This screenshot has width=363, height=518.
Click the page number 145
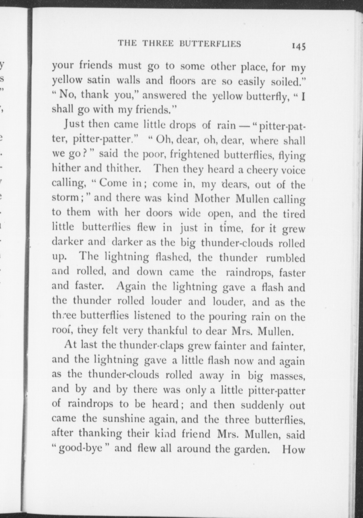298,46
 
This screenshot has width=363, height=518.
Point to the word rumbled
285,258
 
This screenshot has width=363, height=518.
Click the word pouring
228,316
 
